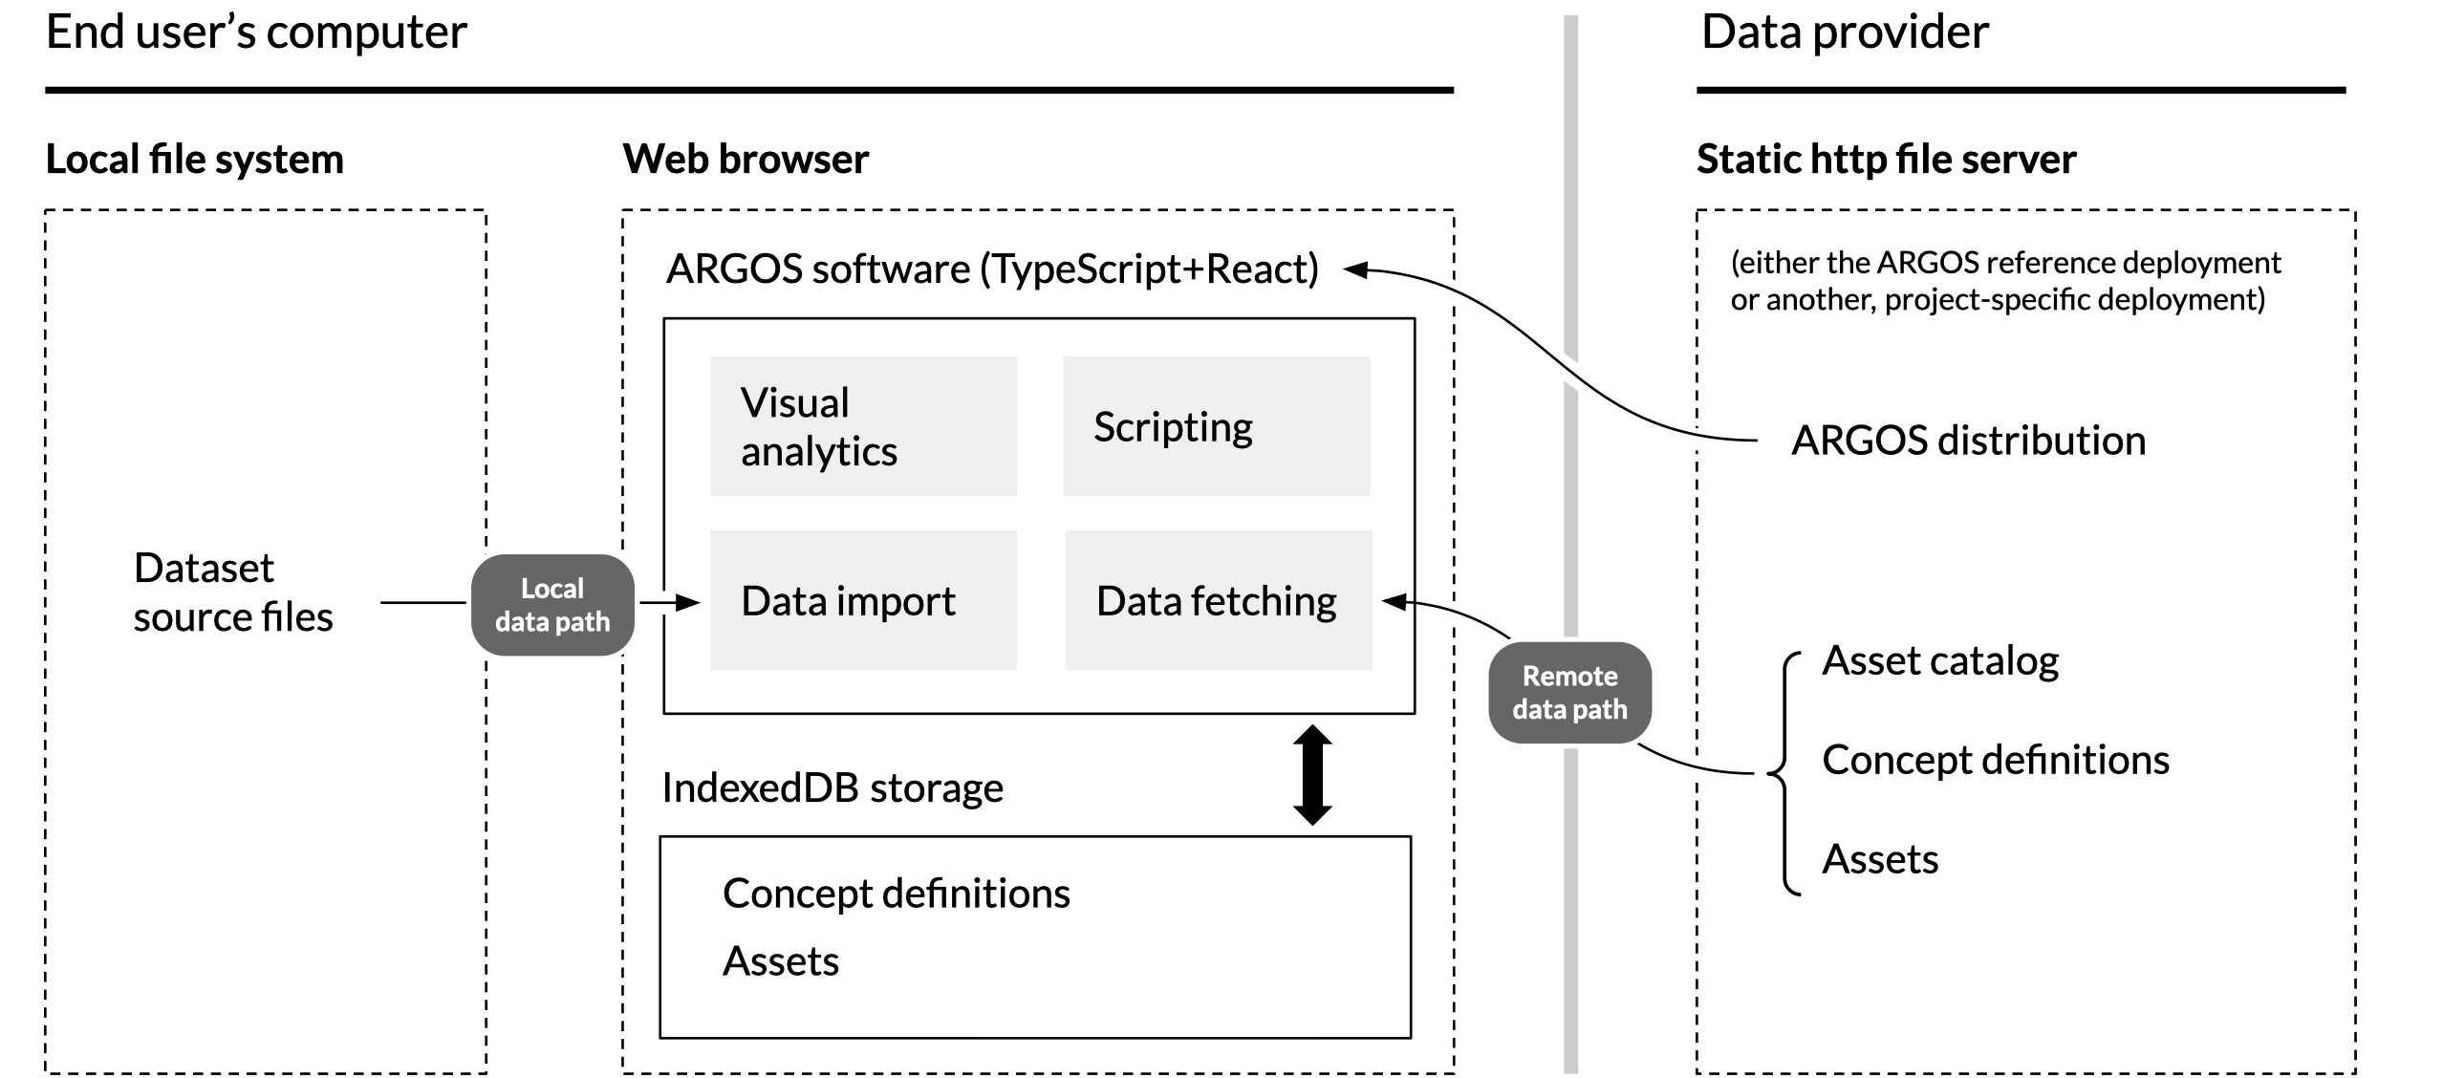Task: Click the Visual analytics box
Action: point(863,426)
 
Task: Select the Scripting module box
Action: point(1217,426)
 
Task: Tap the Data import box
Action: point(863,600)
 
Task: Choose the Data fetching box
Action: point(1219,600)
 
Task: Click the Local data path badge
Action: point(552,605)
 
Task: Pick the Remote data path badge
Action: point(1570,693)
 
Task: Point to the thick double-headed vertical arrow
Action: point(1312,775)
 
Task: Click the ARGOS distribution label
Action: point(1968,441)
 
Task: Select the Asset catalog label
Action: point(1940,661)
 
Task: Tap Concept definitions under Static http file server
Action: point(1996,760)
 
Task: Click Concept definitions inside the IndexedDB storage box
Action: point(897,894)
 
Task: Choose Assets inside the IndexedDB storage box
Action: point(781,961)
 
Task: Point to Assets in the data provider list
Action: point(1880,859)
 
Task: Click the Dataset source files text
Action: point(233,593)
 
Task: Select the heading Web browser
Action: point(746,159)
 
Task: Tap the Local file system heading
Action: point(195,159)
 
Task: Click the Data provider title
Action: point(1845,32)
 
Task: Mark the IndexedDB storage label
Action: point(832,788)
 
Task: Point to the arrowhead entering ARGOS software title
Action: point(1356,269)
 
